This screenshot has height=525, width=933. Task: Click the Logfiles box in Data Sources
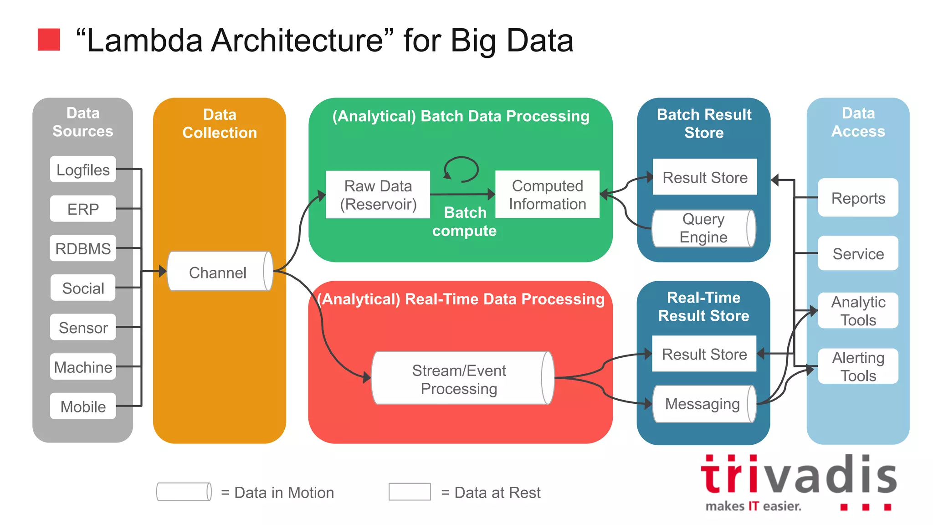pos(83,170)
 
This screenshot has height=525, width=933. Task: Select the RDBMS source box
pos(83,248)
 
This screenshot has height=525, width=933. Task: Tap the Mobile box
pos(83,406)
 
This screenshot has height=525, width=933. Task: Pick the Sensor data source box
pos(83,327)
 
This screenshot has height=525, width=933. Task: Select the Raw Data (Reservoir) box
pos(378,195)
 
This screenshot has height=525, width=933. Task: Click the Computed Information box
pos(547,195)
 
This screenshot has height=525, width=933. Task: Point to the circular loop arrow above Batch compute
pos(461,169)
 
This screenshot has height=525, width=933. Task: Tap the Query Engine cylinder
pos(703,228)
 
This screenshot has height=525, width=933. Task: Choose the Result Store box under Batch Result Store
pos(705,177)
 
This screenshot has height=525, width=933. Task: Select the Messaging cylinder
pos(703,404)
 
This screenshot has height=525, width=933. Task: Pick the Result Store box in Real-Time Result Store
pos(704,354)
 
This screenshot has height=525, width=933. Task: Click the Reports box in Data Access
pos(858,198)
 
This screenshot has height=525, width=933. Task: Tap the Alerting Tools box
pos(858,366)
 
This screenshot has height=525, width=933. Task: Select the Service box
pos(858,253)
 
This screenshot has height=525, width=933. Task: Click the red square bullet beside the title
pos(49,40)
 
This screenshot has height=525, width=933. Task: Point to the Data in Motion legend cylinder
pos(184,492)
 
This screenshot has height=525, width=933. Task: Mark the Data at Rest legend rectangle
pos(410,492)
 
